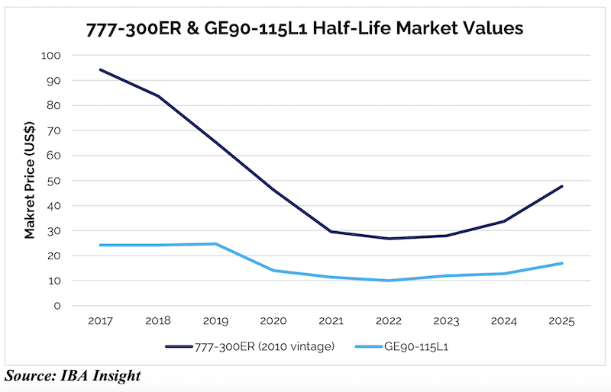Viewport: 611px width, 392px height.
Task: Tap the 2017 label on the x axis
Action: [x=100, y=320]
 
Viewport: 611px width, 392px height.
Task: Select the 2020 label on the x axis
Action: [x=273, y=320]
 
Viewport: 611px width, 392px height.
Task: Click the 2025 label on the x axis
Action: [x=562, y=320]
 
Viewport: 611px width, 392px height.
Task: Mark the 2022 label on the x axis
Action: [x=389, y=320]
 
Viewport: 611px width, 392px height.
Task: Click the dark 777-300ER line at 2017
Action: [x=100, y=70]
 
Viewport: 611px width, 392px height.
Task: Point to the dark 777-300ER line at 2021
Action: [x=331, y=232]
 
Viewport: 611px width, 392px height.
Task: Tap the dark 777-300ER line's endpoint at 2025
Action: [x=562, y=186]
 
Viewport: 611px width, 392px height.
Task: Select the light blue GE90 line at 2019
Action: [x=215, y=244]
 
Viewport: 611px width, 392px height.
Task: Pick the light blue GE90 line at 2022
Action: [x=389, y=281]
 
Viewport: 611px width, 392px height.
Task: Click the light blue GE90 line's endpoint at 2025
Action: [x=562, y=263]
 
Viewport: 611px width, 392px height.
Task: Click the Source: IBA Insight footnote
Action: [x=73, y=376]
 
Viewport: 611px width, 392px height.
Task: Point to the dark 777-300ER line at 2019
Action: [x=215, y=143]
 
